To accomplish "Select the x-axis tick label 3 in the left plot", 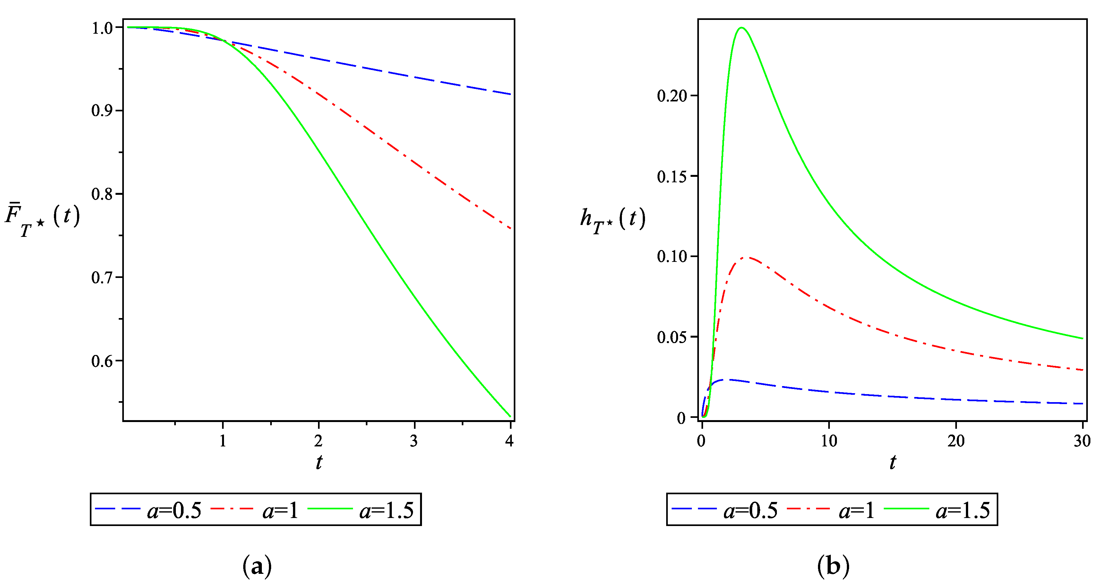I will coord(414,441).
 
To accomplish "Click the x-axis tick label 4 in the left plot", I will coord(509,441).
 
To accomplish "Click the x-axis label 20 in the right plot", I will coord(956,441).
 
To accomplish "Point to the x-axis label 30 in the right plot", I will coord(1082,441).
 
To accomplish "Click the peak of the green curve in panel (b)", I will coord(742,28).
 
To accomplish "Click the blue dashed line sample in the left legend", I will coord(117,509).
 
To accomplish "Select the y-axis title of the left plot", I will coord(42,219).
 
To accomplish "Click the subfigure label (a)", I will coord(257,566).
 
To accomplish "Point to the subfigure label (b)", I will coord(833,566).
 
